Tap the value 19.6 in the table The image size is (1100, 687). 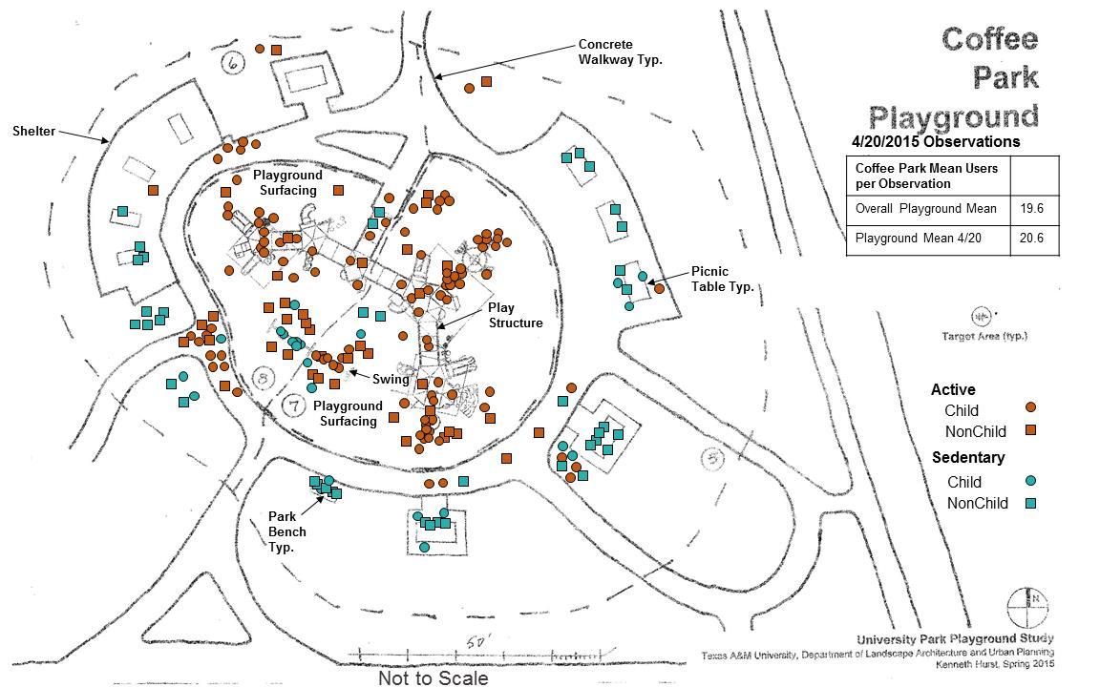1034,209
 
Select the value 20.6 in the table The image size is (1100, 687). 1034,238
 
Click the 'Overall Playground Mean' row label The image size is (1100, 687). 925,209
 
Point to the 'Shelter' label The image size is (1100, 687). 33,131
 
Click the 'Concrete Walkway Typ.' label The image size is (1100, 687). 619,52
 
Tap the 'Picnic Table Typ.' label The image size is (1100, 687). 723,279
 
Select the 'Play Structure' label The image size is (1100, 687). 516,315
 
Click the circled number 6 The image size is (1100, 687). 232,64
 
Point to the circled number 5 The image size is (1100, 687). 711,459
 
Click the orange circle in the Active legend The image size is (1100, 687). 1030,407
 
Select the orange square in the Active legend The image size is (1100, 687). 1030,430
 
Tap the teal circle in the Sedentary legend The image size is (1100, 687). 1030,481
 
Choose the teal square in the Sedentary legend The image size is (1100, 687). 1030,503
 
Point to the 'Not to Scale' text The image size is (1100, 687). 433,678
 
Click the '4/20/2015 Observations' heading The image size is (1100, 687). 935,142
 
